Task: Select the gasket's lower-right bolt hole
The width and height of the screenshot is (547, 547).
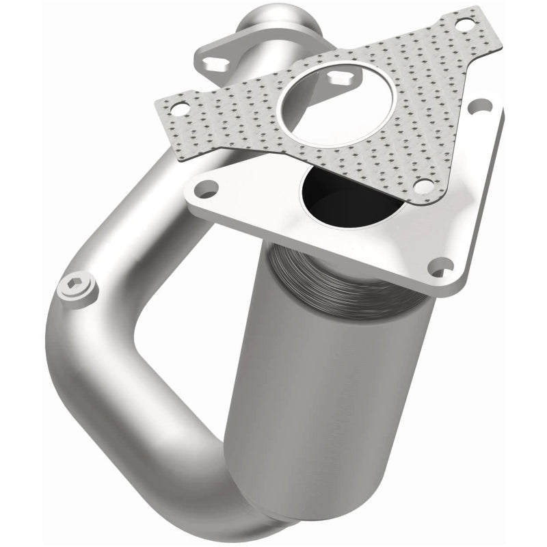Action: (424, 185)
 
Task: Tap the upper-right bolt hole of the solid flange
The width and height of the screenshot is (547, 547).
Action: (483, 106)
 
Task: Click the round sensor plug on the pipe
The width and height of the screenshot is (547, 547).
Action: (77, 291)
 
